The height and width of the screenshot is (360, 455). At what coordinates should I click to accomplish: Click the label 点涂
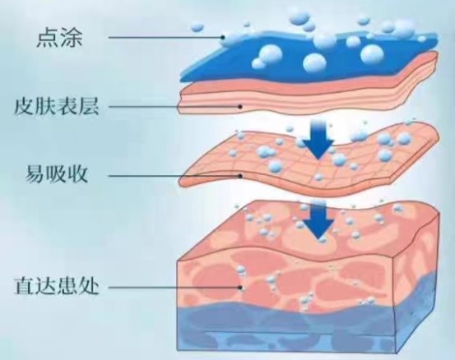(x=59, y=37)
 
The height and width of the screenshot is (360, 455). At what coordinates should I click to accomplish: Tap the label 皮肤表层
(x=57, y=106)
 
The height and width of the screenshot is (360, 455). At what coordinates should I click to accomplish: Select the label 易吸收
(x=57, y=174)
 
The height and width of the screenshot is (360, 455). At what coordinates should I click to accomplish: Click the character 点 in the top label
(x=47, y=37)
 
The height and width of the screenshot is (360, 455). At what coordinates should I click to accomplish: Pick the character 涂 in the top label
(x=72, y=37)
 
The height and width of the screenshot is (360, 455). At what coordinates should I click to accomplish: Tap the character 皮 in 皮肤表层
(x=25, y=106)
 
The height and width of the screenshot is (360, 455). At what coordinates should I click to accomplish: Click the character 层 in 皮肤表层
(x=89, y=106)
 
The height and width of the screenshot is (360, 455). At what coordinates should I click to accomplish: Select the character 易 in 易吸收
(x=36, y=174)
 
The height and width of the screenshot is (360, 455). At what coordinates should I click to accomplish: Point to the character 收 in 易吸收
(x=78, y=174)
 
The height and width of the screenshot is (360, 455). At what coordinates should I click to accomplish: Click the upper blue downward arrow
(x=318, y=139)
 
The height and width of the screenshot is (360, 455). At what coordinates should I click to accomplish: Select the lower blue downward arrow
(x=318, y=221)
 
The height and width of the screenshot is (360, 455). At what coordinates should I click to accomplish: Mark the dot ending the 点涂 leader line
(x=223, y=37)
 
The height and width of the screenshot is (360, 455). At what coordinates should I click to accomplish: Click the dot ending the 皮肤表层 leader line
(x=240, y=107)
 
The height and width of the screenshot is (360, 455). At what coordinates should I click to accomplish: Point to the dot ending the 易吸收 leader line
(x=240, y=176)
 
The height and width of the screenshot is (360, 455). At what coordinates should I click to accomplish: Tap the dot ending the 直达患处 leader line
(x=240, y=288)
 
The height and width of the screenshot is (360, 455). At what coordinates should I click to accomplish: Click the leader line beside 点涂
(x=165, y=37)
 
